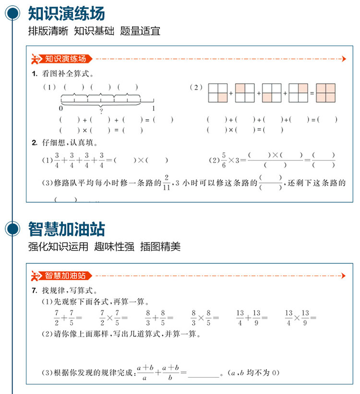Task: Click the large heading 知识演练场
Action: [66, 13]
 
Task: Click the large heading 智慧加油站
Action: [66, 229]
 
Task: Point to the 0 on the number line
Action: [61, 109]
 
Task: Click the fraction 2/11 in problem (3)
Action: [166, 183]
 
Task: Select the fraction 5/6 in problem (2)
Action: [223, 160]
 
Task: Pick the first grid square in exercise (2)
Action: [217, 93]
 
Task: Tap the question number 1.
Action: [34, 74]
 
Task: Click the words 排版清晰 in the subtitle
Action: [48, 32]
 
